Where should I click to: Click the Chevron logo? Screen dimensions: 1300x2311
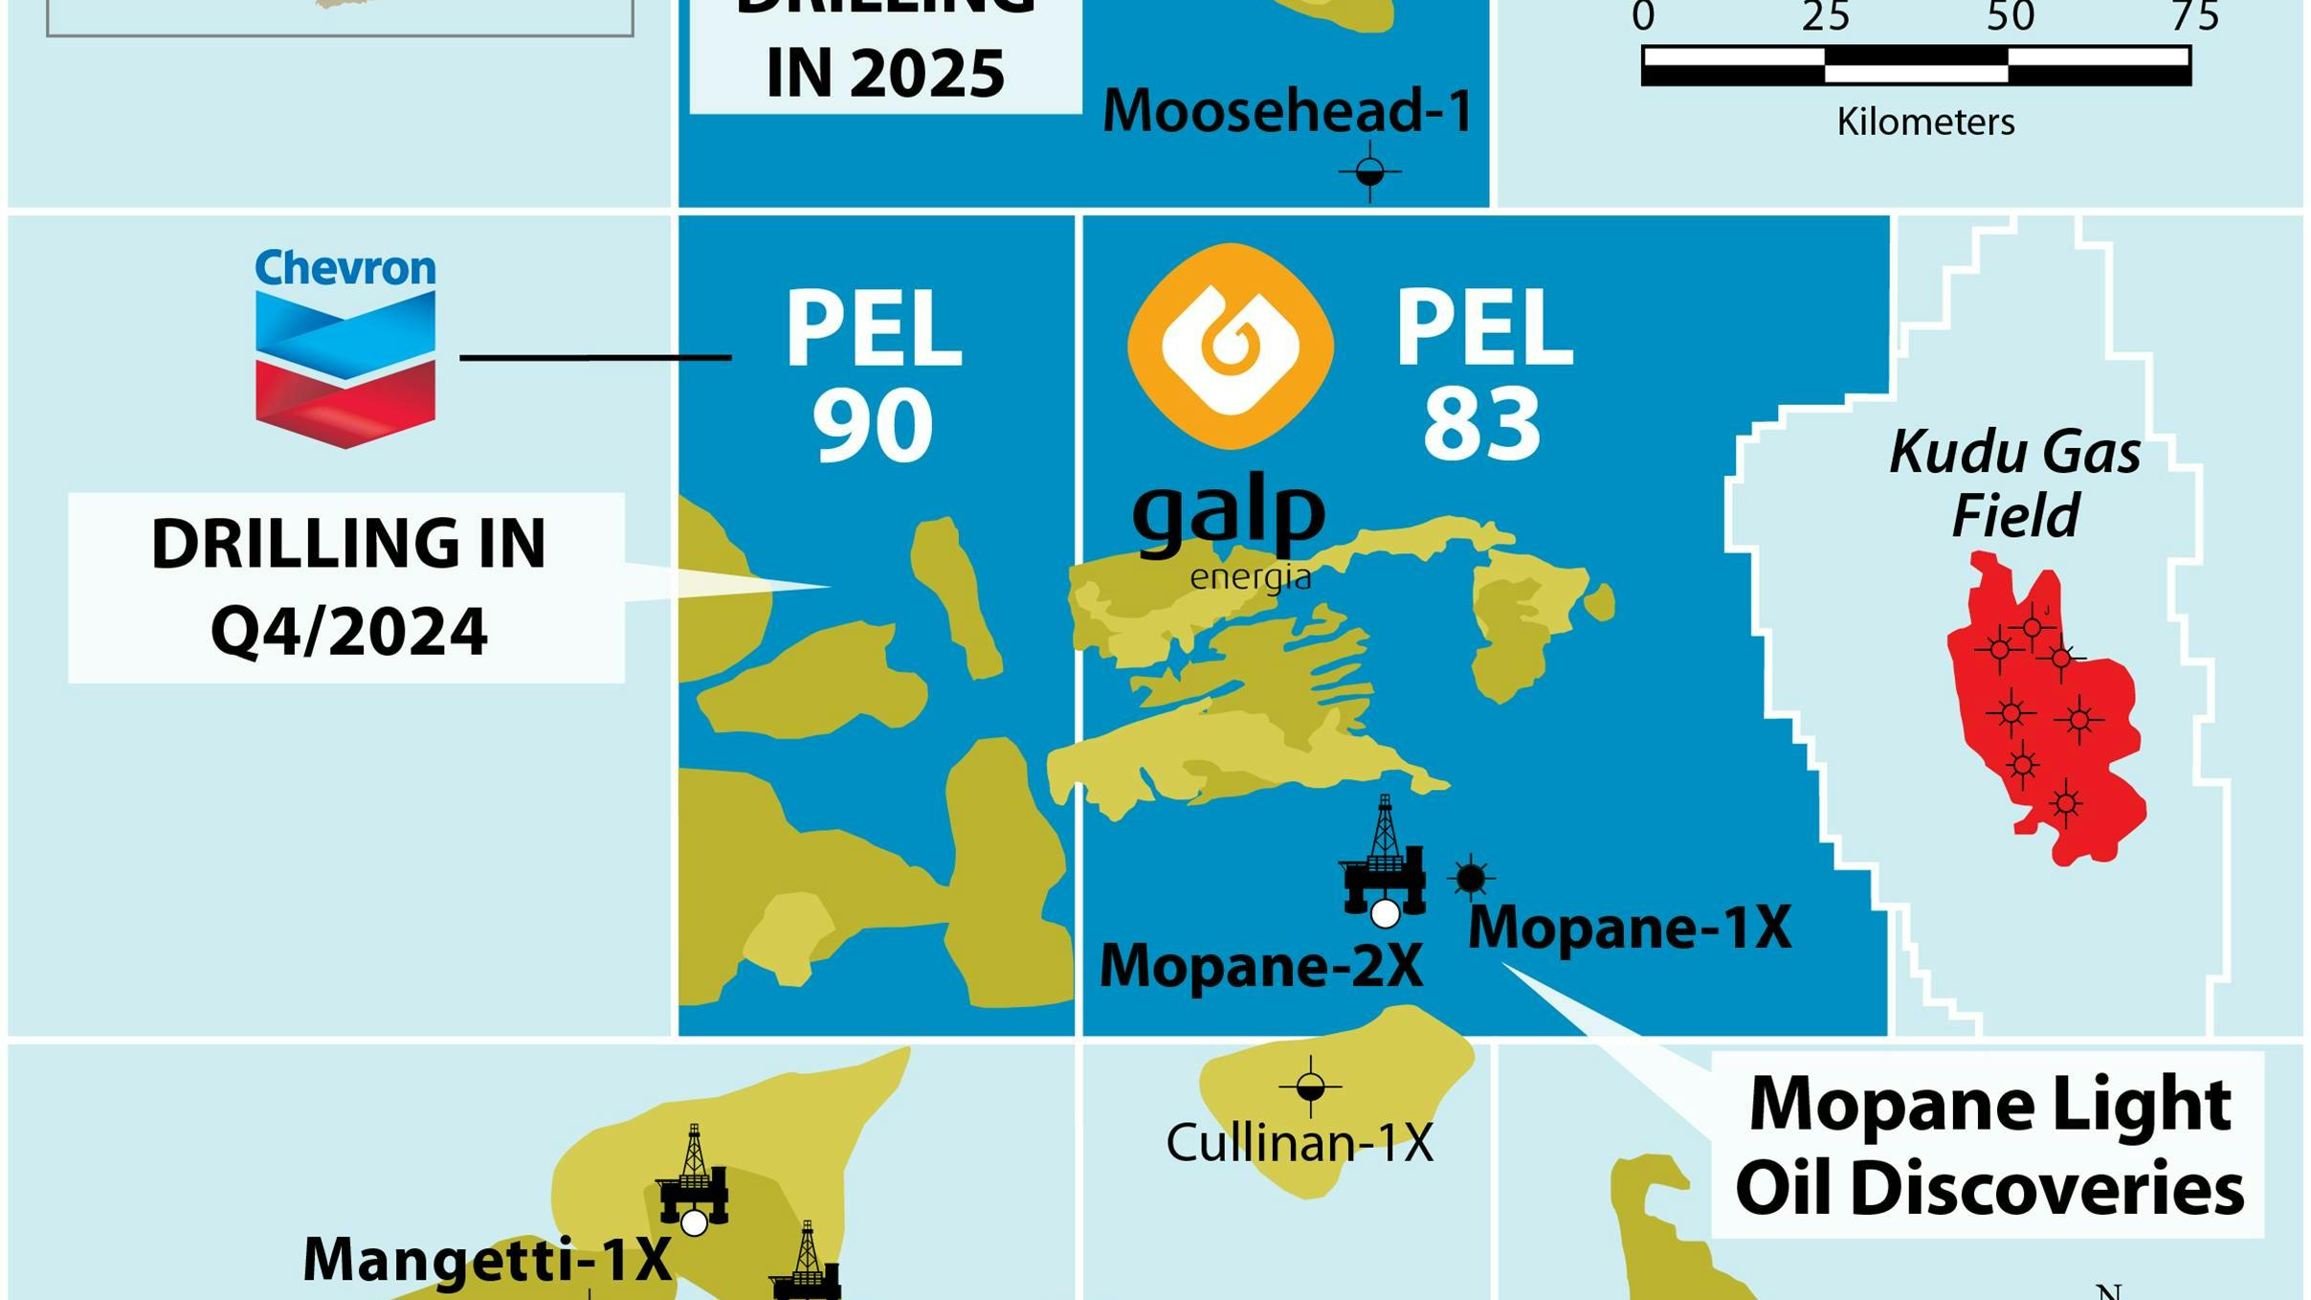pos(344,349)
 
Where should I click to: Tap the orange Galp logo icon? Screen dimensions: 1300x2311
pos(1231,346)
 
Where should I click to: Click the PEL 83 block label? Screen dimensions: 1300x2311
pos(1483,373)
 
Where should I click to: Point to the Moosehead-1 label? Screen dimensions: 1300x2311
pos(1288,110)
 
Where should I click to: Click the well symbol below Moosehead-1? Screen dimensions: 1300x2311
pos(1370,172)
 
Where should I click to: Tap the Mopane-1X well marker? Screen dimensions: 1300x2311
pos(1471,878)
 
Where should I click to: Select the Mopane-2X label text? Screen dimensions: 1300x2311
pos(1261,966)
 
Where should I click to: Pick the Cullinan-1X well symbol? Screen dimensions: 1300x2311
pos(1311,1087)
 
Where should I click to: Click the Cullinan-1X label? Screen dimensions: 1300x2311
pos(1300,1143)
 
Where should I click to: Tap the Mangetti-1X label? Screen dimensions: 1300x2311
pos(487,1260)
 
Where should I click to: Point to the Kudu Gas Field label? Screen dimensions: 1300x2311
pos(2015,483)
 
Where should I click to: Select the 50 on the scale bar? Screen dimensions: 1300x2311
pos(2010,17)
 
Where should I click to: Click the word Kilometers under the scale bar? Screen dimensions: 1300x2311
pos(1925,123)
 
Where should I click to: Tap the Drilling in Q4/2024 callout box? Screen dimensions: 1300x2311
pos(346,587)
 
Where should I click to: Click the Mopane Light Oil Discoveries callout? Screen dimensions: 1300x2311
pos(1989,1145)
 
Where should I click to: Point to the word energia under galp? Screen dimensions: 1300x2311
pos(1250,577)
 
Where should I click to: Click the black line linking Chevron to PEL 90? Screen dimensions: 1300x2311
pos(595,357)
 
